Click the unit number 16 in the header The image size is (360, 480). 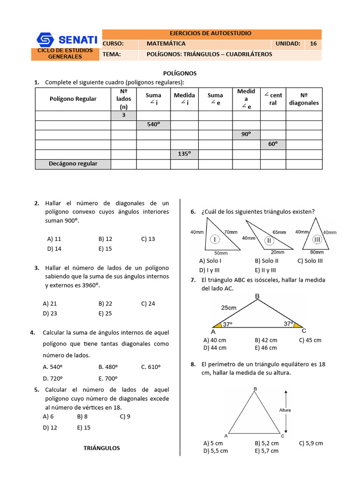click(x=313, y=44)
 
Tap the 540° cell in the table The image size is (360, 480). click(x=153, y=125)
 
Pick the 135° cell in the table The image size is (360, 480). click(x=184, y=154)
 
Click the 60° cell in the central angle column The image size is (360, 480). click(x=273, y=144)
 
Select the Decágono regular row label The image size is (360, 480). click(x=73, y=164)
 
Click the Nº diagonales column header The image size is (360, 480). click(x=304, y=99)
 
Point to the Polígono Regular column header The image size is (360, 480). click(x=73, y=99)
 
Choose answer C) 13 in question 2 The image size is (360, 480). click(x=148, y=239)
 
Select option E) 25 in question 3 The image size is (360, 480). click(x=105, y=314)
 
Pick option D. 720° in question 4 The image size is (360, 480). click(x=52, y=378)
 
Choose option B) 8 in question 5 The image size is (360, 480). click(x=82, y=416)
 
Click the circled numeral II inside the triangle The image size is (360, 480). click(x=269, y=240)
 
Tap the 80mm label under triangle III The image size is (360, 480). click(x=317, y=252)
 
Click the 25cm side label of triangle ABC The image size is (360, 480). click(x=228, y=307)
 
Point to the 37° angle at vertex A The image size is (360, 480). click(x=227, y=324)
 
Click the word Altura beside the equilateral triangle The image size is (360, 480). click(x=285, y=410)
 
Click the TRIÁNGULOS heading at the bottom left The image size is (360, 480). click(x=102, y=448)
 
